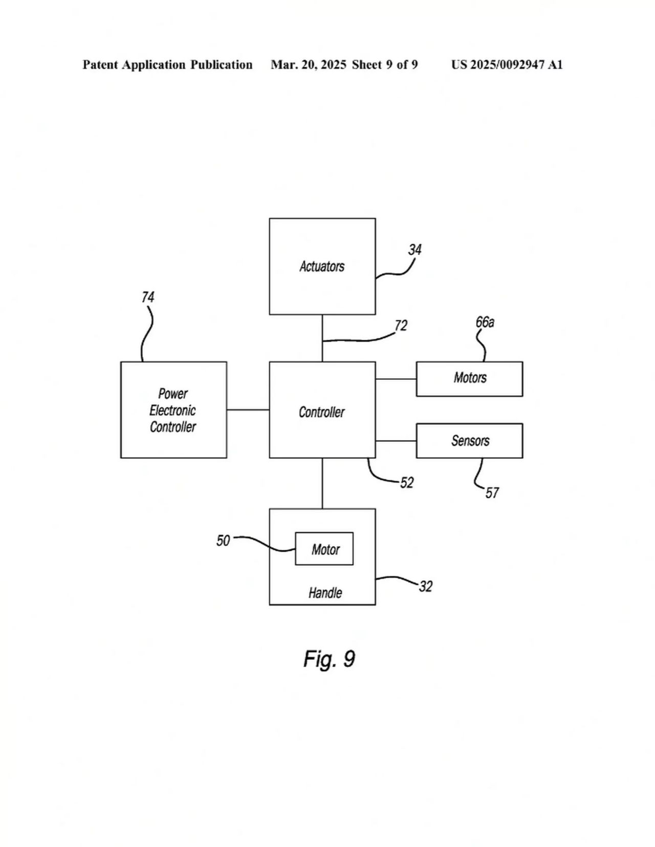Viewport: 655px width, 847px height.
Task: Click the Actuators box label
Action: [322, 266]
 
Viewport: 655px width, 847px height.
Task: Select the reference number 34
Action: [414, 250]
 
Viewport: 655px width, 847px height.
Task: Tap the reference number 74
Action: [148, 297]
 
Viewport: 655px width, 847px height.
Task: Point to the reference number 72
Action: [401, 326]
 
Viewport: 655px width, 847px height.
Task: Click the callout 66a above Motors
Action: [485, 322]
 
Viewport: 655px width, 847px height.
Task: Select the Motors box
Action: [469, 378]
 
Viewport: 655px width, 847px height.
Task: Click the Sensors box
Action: [469, 441]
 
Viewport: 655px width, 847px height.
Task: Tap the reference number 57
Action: [492, 493]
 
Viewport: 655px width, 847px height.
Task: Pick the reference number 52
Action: [407, 483]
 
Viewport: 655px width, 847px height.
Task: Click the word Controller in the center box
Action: [322, 412]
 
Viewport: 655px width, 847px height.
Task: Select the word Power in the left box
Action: [173, 394]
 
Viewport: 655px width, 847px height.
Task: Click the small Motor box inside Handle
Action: [324, 549]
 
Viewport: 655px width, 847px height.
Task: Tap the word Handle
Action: [325, 593]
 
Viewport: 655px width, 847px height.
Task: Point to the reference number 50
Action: [223, 541]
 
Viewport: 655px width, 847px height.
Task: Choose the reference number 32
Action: [426, 587]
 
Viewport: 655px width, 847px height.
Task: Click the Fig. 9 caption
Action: [329, 659]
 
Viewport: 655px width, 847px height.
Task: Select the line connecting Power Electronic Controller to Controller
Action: [248, 410]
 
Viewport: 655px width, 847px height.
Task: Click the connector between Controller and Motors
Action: [396, 379]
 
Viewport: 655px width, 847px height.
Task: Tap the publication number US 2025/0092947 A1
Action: [507, 65]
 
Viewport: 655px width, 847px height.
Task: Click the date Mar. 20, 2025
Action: [309, 65]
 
